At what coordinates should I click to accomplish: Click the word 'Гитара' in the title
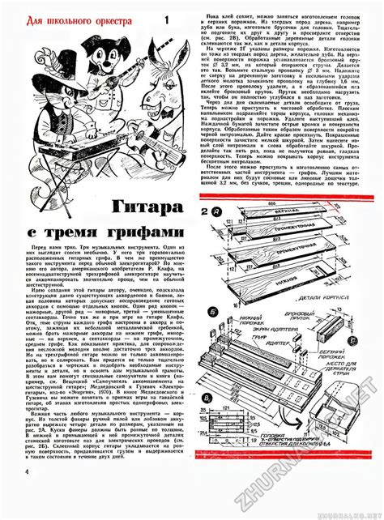point(106,206)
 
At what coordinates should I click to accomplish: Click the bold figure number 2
point(205,212)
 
